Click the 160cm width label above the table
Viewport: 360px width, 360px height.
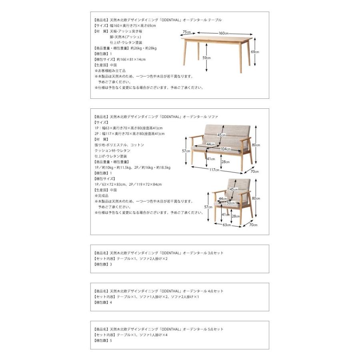tap(223, 33)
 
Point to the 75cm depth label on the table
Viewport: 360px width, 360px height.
tap(186, 32)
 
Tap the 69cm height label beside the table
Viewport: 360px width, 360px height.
tap(255, 52)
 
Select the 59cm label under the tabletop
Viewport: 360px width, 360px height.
tap(206, 58)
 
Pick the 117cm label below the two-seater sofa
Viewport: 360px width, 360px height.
tap(214, 170)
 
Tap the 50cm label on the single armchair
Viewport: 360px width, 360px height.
tap(230, 203)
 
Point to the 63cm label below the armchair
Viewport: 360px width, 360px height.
tap(227, 224)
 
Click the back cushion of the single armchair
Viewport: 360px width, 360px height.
tap(239, 188)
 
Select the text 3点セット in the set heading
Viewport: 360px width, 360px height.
tap(216, 253)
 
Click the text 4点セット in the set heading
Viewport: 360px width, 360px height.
tap(216, 291)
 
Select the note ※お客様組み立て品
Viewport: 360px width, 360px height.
tap(110, 70)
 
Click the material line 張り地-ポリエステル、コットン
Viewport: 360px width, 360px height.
tap(119, 145)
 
